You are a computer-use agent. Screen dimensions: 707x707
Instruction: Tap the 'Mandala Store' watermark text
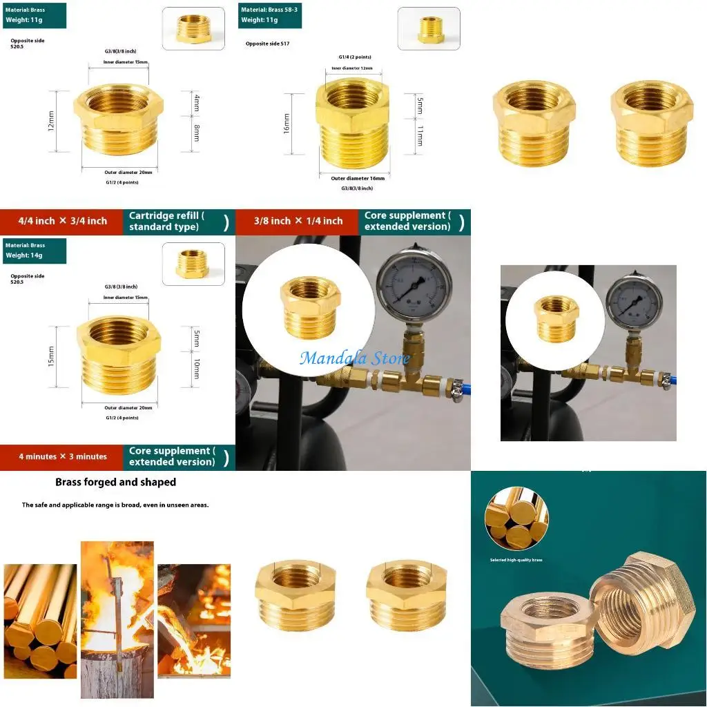click(x=355, y=358)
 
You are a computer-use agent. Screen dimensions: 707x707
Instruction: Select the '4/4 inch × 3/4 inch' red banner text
click(x=63, y=221)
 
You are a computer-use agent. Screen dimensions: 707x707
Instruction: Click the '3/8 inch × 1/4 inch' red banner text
click(x=298, y=221)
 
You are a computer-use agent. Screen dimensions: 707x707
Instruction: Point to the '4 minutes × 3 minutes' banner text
click(x=63, y=456)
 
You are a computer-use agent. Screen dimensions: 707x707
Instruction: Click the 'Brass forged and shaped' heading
click(x=116, y=482)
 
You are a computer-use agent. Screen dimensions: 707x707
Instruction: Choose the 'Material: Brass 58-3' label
click(x=269, y=10)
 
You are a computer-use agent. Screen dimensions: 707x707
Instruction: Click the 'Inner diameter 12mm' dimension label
click(x=352, y=68)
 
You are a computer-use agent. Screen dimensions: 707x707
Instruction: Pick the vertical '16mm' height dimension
click(x=287, y=124)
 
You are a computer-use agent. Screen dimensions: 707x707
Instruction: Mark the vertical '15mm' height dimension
click(x=51, y=357)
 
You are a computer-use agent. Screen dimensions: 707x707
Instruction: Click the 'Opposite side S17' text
click(x=267, y=43)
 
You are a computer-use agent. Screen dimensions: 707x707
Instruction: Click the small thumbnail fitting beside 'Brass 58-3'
click(x=429, y=29)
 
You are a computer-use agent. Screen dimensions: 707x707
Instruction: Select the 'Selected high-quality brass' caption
click(x=516, y=560)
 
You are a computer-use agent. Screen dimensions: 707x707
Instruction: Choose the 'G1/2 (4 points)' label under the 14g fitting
click(x=122, y=418)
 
